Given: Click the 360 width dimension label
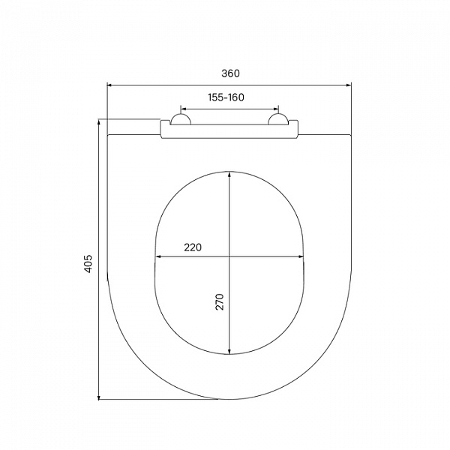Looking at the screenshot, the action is [x=230, y=73].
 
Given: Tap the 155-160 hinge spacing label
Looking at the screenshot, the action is [x=226, y=97].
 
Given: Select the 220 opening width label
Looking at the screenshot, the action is [x=193, y=247].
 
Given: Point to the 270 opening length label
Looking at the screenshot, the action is [x=220, y=301].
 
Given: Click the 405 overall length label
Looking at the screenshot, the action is [x=88, y=264].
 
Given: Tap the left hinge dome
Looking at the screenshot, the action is [x=181, y=120].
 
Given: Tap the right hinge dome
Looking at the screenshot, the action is [x=277, y=120].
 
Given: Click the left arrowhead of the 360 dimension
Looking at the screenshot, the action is [x=109, y=85].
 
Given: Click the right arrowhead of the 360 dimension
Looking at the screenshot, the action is [x=349, y=85].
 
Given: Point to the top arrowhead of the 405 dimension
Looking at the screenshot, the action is [x=99, y=121].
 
